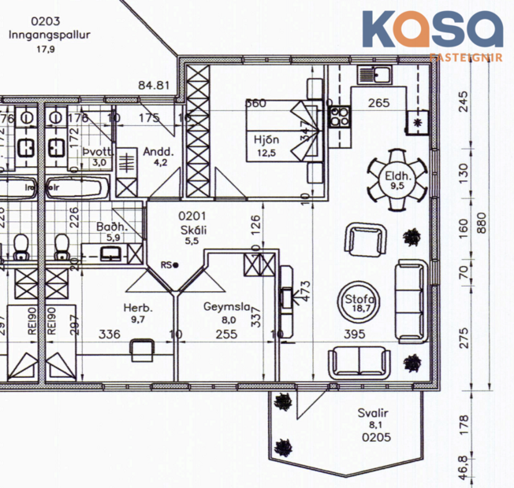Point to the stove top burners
click(339, 116)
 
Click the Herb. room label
click(137, 313)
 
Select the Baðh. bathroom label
click(108, 231)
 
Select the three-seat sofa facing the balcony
click(359, 360)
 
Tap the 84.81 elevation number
click(155, 85)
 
